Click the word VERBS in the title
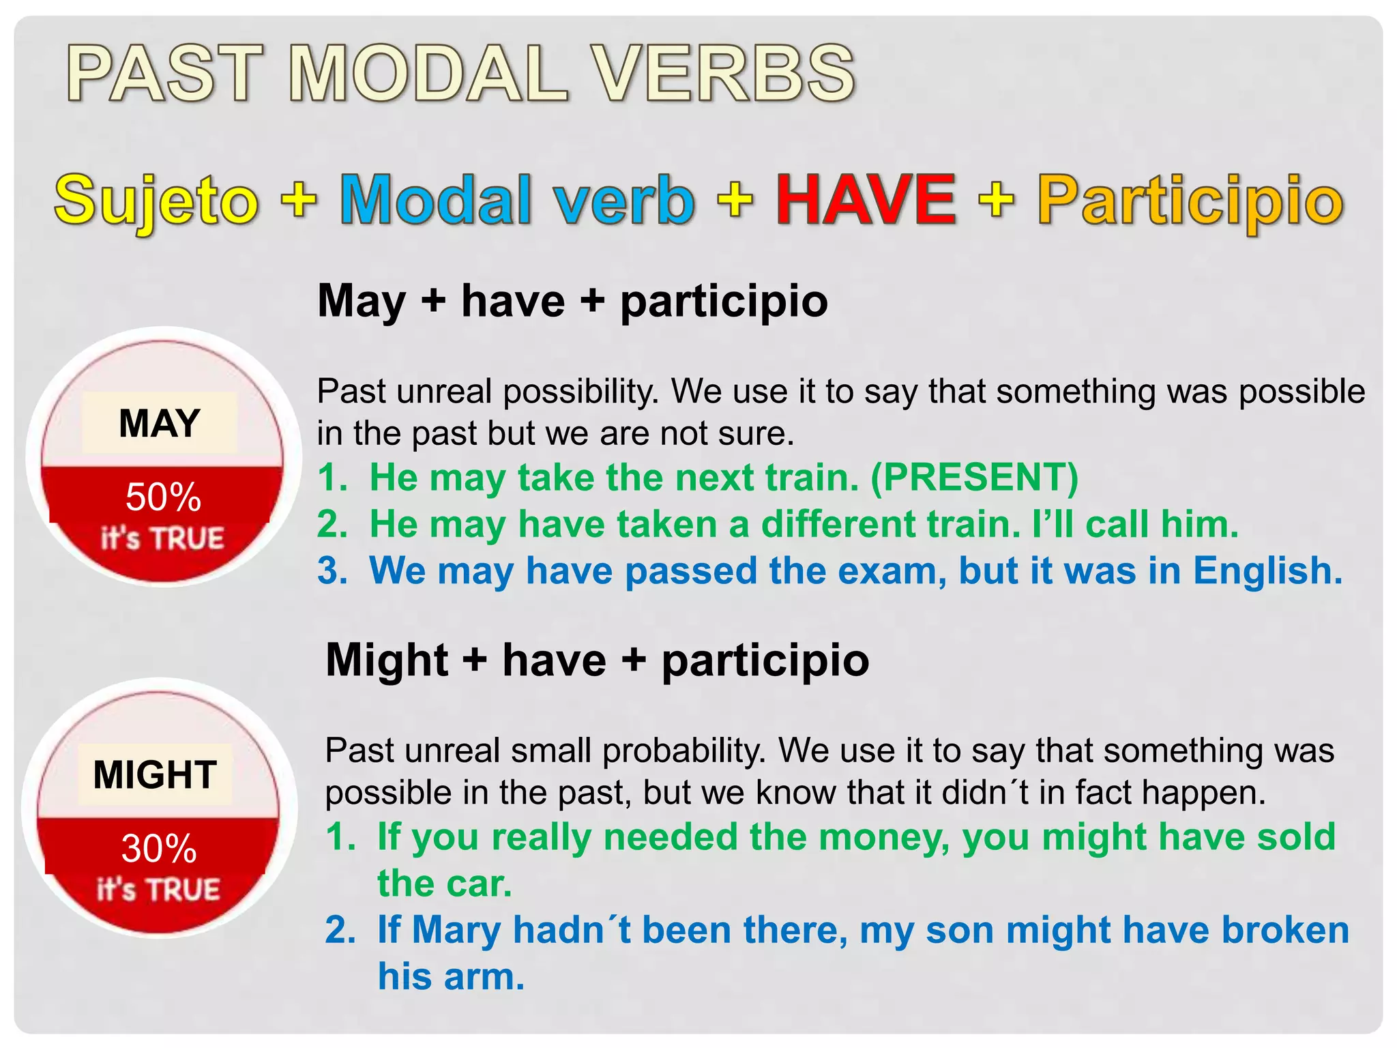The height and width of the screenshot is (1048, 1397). pos(722,74)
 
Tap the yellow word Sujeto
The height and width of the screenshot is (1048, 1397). pos(156,201)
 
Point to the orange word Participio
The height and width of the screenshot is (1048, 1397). pos(1190,201)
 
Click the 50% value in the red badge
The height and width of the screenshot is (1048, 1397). pos(163,497)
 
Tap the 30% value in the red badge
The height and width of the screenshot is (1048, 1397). pos(159,849)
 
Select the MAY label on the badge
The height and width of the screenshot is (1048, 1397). pos(160,423)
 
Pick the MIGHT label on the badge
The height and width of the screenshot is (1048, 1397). pos(155,774)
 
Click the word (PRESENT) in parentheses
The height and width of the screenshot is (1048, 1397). pos(975,477)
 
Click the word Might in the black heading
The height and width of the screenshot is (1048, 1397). pos(387,660)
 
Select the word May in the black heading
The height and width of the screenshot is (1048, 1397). pos(362,302)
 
